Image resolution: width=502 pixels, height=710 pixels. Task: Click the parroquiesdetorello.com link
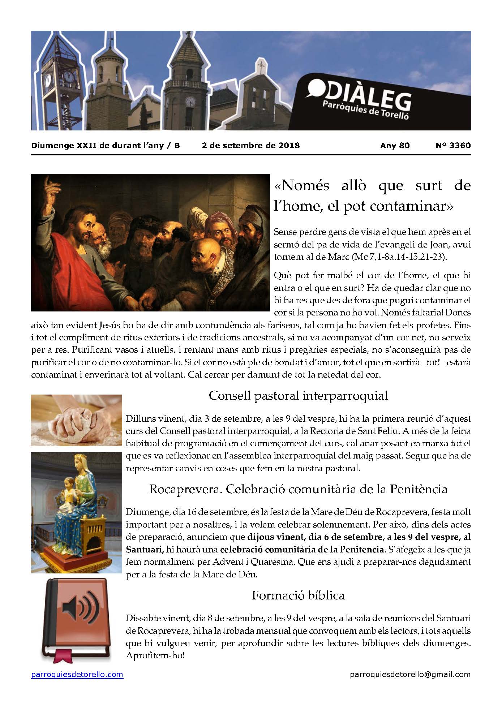pyautogui.click(x=77, y=674)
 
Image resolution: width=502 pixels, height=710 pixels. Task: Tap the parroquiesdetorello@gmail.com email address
pyautogui.click(x=410, y=674)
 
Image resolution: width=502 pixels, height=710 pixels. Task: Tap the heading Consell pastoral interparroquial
pyautogui.click(x=298, y=396)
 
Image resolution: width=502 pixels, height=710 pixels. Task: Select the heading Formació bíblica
pyautogui.click(x=298, y=595)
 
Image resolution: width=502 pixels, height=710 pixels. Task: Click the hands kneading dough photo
pyautogui.click(x=76, y=420)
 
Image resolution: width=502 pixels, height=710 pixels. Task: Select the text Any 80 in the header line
pyautogui.click(x=395, y=146)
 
